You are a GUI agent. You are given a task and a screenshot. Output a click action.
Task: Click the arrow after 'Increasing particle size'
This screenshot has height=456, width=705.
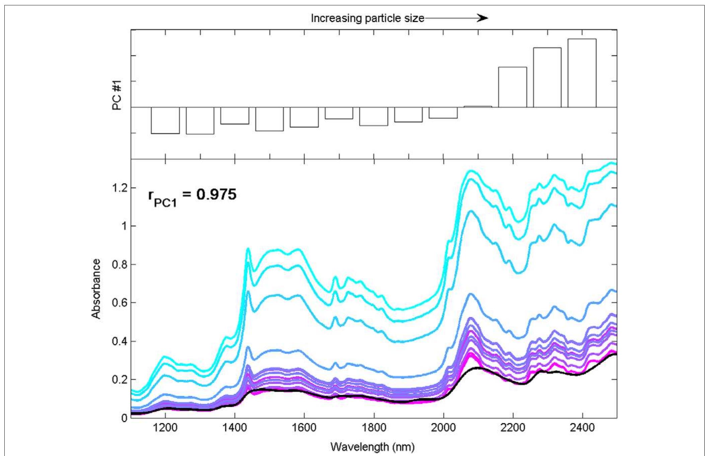click(x=457, y=18)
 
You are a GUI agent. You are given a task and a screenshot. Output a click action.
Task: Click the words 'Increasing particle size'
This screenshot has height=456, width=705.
click(x=367, y=18)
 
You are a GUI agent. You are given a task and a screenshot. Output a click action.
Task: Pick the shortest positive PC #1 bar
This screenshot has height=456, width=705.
click(x=478, y=106)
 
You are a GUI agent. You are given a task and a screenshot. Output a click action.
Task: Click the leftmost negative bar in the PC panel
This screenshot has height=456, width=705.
click(x=165, y=120)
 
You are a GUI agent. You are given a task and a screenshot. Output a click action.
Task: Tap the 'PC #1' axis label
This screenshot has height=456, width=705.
click(x=117, y=97)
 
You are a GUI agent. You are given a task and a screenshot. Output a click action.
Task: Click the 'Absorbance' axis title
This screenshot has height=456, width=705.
click(x=96, y=289)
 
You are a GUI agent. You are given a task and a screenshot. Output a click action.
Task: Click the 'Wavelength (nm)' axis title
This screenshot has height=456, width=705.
click(x=372, y=447)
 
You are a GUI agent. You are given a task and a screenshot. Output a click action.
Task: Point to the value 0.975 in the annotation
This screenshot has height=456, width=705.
click(x=216, y=195)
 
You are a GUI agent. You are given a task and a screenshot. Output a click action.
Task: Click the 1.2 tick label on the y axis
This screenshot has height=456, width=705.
click(x=120, y=188)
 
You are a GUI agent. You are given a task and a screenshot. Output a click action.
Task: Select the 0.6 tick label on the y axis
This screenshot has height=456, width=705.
click(x=120, y=303)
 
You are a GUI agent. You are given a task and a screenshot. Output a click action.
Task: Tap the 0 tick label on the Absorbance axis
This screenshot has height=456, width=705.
click(x=124, y=418)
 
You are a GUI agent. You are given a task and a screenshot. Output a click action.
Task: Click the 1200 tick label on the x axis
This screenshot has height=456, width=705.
click(x=165, y=428)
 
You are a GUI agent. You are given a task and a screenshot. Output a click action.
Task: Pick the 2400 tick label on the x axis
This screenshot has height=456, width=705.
click(x=582, y=428)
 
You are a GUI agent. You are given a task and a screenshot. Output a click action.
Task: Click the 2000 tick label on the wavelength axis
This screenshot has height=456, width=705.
click(x=443, y=428)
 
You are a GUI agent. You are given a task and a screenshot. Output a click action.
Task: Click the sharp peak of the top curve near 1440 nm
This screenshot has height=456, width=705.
click(x=248, y=248)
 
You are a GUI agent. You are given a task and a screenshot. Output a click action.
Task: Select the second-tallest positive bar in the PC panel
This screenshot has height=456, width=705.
click(x=547, y=77)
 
